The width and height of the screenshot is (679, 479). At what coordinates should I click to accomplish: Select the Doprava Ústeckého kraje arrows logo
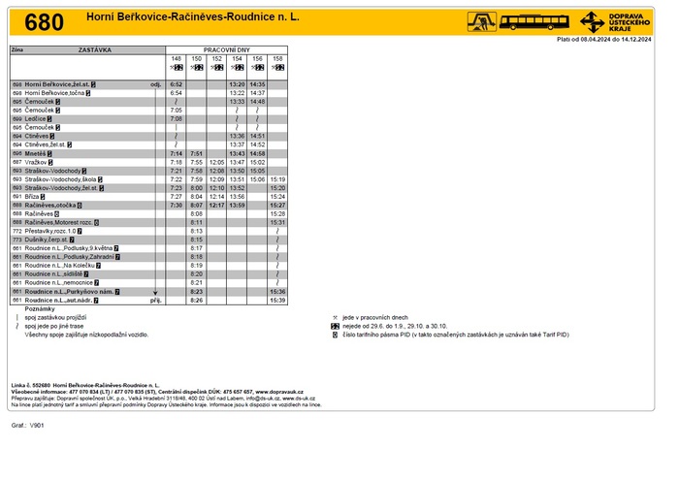click(x=593, y=20)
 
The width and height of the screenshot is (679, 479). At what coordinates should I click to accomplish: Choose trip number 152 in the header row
click(x=217, y=58)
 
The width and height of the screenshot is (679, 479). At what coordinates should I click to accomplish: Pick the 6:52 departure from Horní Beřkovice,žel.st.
click(x=177, y=84)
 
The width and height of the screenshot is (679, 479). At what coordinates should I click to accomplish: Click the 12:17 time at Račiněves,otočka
click(x=217, y=205)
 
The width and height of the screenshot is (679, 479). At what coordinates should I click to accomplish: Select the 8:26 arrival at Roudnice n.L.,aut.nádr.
click(x=197, y=300)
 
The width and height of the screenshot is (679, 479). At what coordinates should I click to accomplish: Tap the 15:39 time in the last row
click(x=277, y=300)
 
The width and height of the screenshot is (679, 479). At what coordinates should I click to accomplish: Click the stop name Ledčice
click(x=38, y=118)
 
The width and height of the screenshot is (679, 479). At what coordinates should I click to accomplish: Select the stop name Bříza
click(x=34, y=196)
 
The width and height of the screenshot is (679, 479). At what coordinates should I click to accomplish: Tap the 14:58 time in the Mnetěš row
click(x=258, y=153)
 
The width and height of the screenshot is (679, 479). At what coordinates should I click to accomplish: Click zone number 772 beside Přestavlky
click(x=17, y=231)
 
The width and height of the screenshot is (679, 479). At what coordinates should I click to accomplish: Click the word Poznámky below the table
click(x=40, y=308)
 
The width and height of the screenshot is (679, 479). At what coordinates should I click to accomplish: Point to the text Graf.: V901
click(x=29, y=425)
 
